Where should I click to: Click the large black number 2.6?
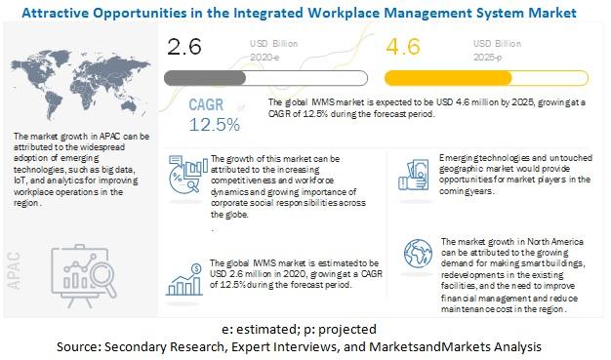tap(183, 47)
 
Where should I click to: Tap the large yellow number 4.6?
tap(403, 47)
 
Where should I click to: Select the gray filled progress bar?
tap(205, 78)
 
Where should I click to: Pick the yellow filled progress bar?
tap(448, 78)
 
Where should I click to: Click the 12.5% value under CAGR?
tap(215, 125)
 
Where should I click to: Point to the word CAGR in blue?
tap(206, 104)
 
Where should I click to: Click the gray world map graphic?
tap(80, 85)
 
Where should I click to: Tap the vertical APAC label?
tap(14, 270)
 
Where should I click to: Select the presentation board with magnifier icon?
tap(84, 276)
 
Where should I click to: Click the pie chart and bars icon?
tap(187, 175)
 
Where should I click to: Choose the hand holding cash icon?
tap(413, 176)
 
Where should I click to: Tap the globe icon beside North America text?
tap(418, 254)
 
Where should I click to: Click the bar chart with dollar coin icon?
tap(184, 279)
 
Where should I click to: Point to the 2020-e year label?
tap(265, 58)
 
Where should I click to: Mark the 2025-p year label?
tap(487, 58)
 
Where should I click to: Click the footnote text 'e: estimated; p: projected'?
tap(300, 329)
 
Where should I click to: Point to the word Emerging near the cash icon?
tap(455, 158)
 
